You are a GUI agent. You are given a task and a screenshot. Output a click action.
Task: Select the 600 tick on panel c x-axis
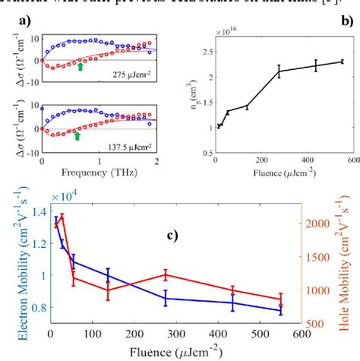(x=302, y=332)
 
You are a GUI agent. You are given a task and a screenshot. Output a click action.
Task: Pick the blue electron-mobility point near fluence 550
(x=281, y=310)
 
